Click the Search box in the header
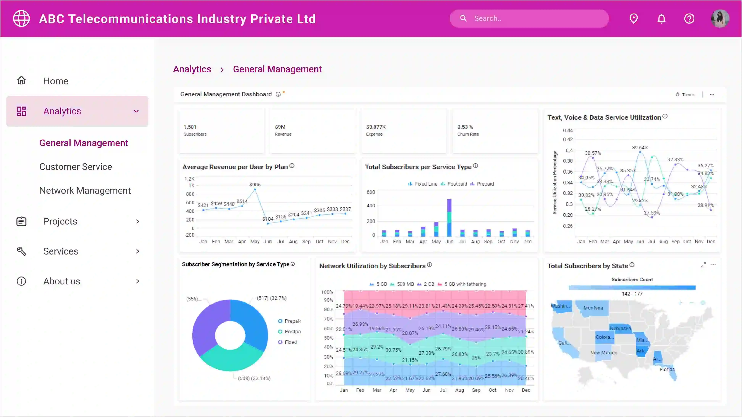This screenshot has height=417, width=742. click(529, 19)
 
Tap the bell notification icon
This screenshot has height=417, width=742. click(661, 19)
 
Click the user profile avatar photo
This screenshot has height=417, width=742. click(720, 19)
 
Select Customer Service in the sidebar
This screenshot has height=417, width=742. click(76, 167)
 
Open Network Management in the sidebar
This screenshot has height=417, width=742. click(85, 190)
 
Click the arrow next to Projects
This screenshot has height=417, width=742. click(137, 221)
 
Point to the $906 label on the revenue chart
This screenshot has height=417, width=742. click(255, 184)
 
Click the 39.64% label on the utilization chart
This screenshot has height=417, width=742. click(640, 148)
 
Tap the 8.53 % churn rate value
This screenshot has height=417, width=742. click(465, 127)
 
